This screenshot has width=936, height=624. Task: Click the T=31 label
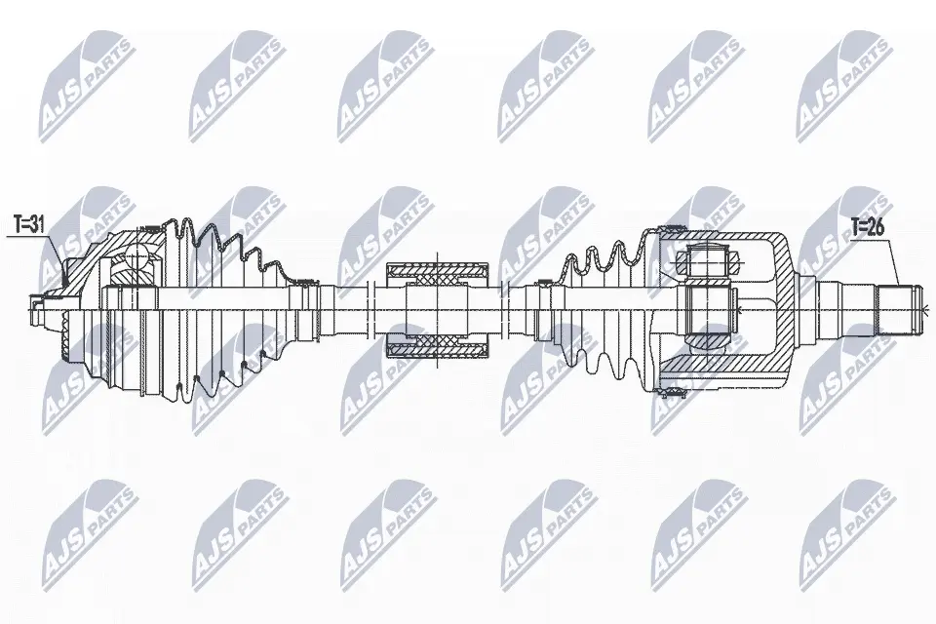click(x=28, y=224)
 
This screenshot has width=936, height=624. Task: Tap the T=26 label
click(x=868, y=227)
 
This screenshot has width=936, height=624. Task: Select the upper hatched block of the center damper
click(x=438, y=273)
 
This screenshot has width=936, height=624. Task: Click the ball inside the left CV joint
click(x=138, y=255)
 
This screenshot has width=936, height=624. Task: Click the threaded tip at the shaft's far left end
click(x=37, y=308)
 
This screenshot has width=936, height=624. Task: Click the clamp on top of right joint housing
click(x=672, y=227)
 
